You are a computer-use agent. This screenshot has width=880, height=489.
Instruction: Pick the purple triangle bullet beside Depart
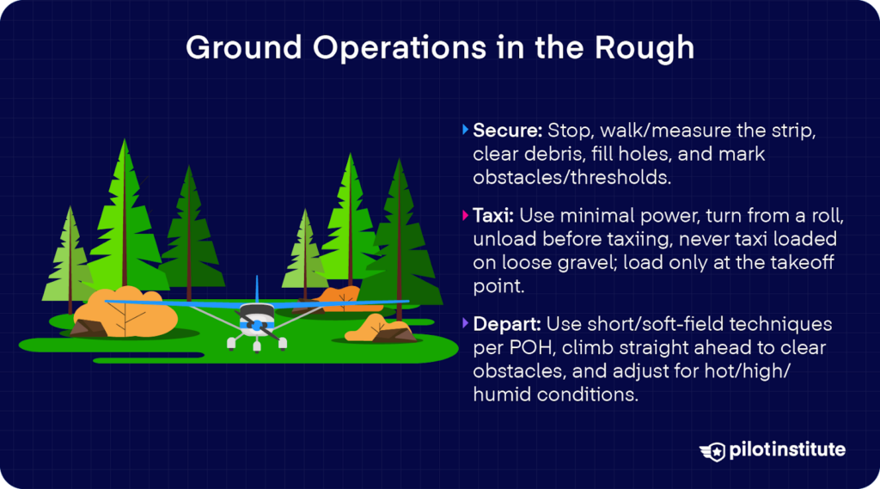465,326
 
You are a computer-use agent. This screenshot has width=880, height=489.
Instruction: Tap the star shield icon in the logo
712,449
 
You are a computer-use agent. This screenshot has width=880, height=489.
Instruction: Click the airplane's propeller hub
256,326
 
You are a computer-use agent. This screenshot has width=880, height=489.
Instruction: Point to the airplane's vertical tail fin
256,289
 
